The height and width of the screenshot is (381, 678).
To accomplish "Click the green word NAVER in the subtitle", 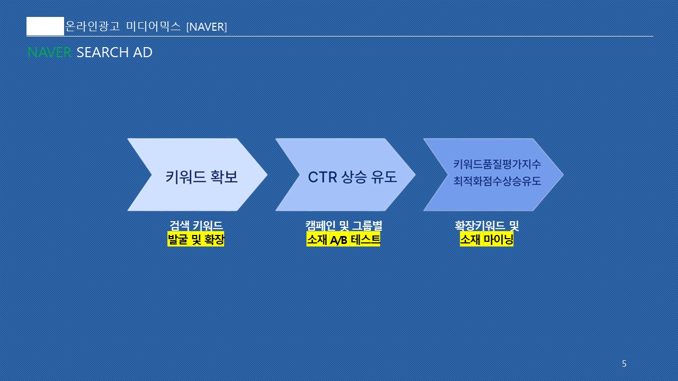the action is (49, 52).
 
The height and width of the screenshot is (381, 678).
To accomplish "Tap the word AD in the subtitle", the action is (143, 52).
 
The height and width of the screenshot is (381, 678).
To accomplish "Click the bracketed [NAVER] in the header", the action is (207, 27).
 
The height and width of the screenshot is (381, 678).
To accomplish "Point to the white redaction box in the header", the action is (46, 26).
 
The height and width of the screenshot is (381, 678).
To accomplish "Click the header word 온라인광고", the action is (92, 26).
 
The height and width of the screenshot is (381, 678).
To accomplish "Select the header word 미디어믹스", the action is (153, 26).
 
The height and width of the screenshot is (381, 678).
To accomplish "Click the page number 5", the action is (624, 364).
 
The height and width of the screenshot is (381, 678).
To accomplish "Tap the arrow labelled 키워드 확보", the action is (198, 175).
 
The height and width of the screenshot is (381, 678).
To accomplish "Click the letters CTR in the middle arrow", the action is (323, 177).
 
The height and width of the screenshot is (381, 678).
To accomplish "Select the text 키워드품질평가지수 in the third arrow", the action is (497, 164).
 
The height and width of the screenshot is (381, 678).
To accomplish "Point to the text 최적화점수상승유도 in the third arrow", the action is (497, 181).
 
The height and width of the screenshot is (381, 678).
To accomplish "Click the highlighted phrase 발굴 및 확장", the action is (196, 240).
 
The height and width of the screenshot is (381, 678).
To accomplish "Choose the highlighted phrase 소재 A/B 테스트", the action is (343, 240).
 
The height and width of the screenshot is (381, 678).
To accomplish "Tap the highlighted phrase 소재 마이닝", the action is (487, 240).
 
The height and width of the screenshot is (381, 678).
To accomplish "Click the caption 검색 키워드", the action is (196, 225).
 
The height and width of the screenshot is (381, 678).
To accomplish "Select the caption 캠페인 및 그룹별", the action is (344, 225).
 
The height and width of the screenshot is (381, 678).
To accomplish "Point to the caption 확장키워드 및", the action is (487, 225).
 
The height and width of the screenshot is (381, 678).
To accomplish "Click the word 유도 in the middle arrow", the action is (384, 177).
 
